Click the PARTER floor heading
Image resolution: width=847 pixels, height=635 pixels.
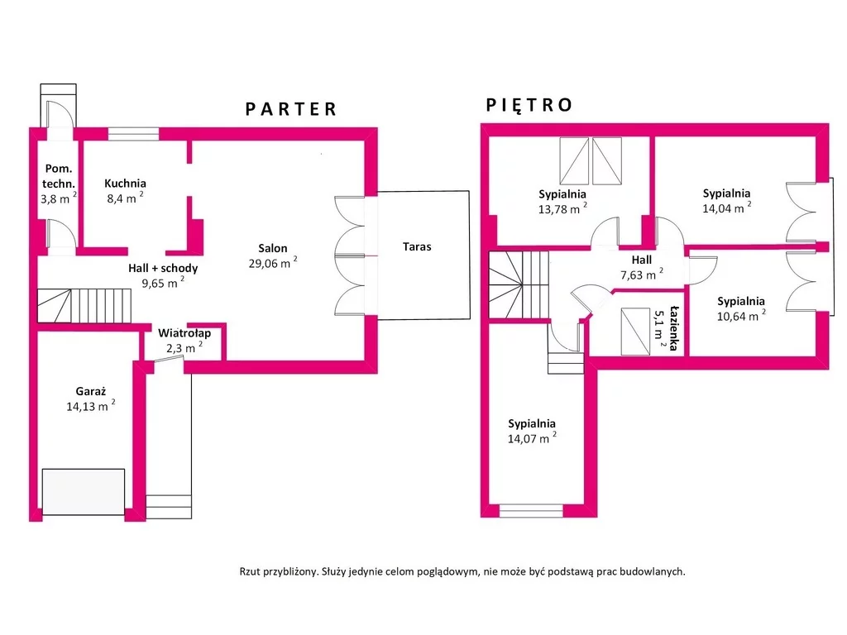(291, 109)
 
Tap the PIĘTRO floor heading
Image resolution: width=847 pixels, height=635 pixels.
(529, 105)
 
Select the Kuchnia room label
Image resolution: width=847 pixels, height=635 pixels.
(126, 183)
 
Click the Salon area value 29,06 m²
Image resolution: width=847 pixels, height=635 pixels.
(273, 263)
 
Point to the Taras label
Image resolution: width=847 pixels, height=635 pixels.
(417, 246)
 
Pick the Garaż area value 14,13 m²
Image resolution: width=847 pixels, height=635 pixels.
(91, 405)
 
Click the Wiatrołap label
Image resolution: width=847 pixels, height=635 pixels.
(184, 333)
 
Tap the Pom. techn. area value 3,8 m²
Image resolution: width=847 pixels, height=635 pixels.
(59, 198)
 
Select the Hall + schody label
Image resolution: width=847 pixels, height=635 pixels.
(163, 268)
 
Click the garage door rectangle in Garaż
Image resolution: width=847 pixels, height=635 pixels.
(84, 491)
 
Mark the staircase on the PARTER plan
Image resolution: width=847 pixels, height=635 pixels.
(84, 306)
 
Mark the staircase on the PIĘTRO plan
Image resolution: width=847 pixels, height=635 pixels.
(519, 284)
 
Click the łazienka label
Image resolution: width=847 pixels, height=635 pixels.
(673, 327)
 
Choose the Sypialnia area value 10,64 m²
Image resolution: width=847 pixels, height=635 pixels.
(741, 316)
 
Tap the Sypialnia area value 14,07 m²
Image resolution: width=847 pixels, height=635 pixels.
(532, 438)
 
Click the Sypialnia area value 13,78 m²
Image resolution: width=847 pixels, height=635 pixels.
(562, 208)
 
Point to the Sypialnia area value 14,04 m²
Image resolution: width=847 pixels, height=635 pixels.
(726, 208)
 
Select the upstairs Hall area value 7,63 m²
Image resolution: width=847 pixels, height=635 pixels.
(642, 275)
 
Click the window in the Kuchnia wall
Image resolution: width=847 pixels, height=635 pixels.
(133, 134)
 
